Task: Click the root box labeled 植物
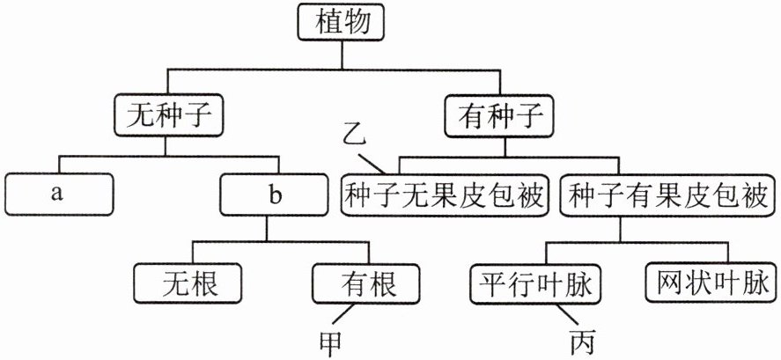click(341, 24)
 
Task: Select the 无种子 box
click(168, 114)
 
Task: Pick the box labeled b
click(276, 195)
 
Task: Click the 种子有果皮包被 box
click(667, 195)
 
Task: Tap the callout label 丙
click(581, 339)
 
